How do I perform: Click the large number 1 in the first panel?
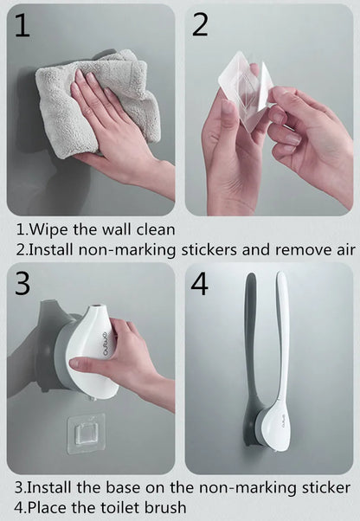tap(22, 25)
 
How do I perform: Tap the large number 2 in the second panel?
tap(200, 25)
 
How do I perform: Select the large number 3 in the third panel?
tap(22, 283)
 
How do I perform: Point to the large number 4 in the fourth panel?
tap(199, 284)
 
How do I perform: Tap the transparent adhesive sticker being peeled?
tap(247, 90)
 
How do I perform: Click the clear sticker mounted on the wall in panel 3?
tap(86, 434)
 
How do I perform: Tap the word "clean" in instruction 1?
tap(156, 229)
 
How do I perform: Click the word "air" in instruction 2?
tap(346, 250)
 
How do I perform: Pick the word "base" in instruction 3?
tap(124, 487)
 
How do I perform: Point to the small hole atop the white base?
tap(96, 305)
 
